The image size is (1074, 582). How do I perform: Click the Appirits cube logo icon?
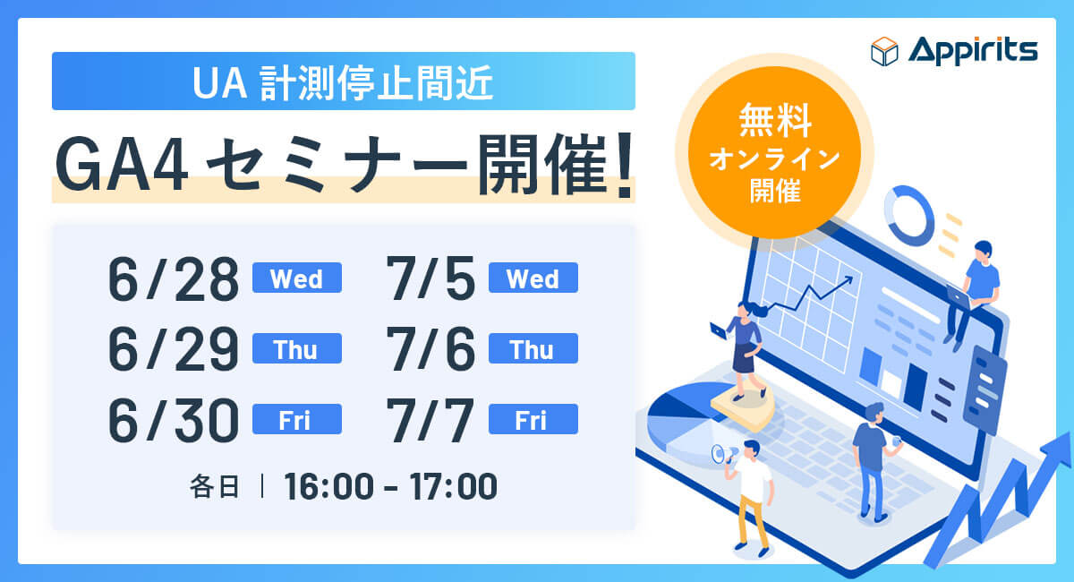pyautogui.click(x=884, y=51)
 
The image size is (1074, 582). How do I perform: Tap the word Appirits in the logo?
pyautogui.click(x=973, y=51)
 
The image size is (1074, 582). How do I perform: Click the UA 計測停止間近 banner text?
pyautogui.click(x=343, y=83)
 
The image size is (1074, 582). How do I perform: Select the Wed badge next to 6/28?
pyautogui.click(x=297, y=278)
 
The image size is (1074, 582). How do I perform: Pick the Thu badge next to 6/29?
pyautogui.click(x=297, y=348)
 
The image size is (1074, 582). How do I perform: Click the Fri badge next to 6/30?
pyautogui.click(x=297, y=419)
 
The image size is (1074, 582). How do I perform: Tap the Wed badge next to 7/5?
pyautogui.click(x=533, y=278)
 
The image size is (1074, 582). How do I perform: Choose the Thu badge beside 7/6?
pyautogui.click(x=533, y=348)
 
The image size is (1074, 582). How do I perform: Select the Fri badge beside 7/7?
pyautogui.click(x=533, y=419)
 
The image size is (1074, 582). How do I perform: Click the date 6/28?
pyautogui.click(x=173, y=278)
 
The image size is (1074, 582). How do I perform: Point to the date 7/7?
pyautogui.click(x=430, y=420)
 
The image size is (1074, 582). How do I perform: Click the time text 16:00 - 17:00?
pyautogui.click(x=390, y=486)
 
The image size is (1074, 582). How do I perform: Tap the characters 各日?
pyautogui.click(x=214, y=486)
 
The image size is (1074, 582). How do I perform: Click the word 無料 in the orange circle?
pyautogui.click(x=775, y=121)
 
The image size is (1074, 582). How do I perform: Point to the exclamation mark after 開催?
pyautogui.click(x=625, y=166)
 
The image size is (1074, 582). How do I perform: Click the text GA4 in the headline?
pyautogui.click(x=122, y=166)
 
